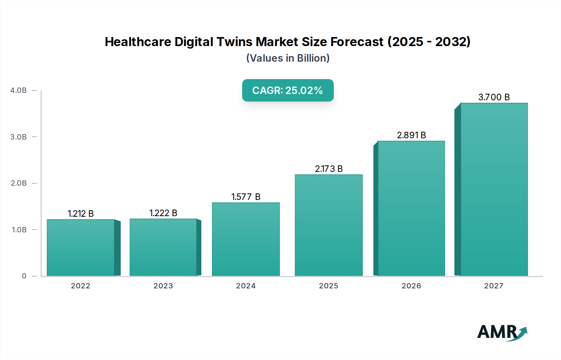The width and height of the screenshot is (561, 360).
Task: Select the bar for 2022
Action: (x=80, y=248)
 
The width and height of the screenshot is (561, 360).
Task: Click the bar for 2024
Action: (x=246, y=239)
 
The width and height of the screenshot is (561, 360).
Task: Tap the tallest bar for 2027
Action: (x=494, y=189)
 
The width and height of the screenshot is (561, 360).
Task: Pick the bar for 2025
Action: (x=328, y=225)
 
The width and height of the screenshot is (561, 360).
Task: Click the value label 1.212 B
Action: (x=80, y=214)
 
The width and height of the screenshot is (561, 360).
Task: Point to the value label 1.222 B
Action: (x=163, y=213)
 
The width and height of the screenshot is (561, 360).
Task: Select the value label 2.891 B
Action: (x=411, y=135)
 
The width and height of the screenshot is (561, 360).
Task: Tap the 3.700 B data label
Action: (x=494, y=97)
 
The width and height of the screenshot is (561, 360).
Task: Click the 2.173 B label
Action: (x=328, y=169)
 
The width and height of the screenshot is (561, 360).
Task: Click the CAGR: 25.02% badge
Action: (x=288, y=90)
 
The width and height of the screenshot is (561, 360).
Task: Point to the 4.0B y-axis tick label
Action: (x=18, y=90)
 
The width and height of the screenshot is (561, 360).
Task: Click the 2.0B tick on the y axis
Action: (x=18, y=183)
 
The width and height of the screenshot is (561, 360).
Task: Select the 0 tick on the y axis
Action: (x=24, y=276)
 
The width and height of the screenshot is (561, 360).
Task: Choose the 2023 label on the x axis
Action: (x=163, y=286)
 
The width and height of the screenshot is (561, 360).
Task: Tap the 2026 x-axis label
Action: (x=411, y=286)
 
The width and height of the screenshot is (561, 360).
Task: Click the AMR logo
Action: (x=502, y=333)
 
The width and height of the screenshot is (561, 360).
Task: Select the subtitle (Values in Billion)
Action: (x=288, y=58)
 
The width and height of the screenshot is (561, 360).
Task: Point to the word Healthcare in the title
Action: (x=138, y=42)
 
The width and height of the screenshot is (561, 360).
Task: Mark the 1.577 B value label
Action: (x=246, y=197)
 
